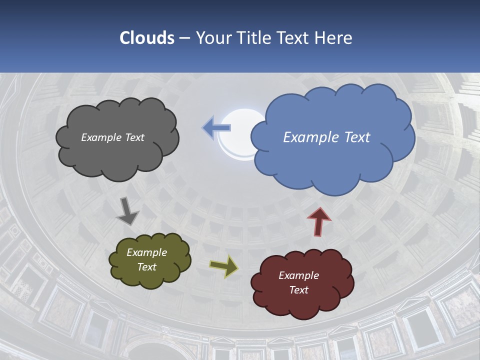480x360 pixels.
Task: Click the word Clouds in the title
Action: [x=146, y=38]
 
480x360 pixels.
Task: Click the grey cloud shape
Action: [x=118, y=155]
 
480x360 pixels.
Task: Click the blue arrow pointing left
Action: [x=216, y=128]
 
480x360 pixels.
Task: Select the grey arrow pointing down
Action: [x=127, y=212]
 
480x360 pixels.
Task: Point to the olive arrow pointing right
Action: [x=224, y=267]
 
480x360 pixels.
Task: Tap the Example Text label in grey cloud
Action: [x=113, y=137]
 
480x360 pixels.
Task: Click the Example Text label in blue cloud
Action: [x=326, y=137]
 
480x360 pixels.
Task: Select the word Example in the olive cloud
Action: [x=146, y=253]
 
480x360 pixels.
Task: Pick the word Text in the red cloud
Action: [x=298, y=290]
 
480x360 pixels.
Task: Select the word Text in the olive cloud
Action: [x=146, y=267]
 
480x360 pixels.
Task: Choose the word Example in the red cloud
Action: [x=298, y=276]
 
